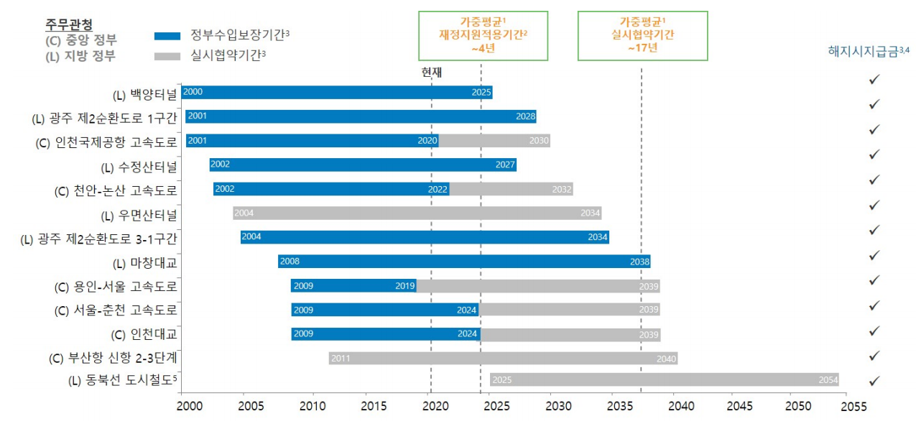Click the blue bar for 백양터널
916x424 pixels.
tap(336, 92)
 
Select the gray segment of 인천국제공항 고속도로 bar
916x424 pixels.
tap(494, 141)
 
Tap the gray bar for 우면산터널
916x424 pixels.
tap(417, 213)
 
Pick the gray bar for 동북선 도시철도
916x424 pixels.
tap(664, 379)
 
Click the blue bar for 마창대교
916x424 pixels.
tap(464, 262)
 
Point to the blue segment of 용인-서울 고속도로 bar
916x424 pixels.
tap(353, 286)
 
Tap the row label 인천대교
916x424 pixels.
tap(144, 334)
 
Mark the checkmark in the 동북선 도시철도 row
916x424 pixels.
tap(874, 381)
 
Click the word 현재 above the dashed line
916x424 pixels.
tap(431, 72)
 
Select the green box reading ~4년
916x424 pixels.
tap(483, 35)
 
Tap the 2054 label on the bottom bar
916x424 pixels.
tap(828, 379)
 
